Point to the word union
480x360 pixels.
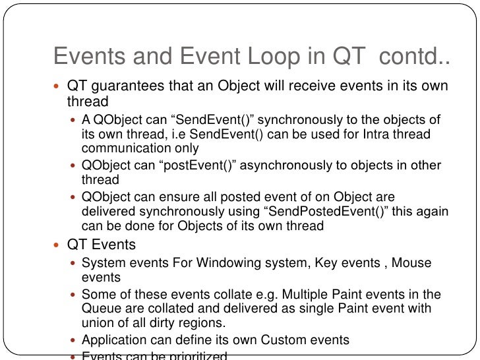(x=98, y=322)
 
